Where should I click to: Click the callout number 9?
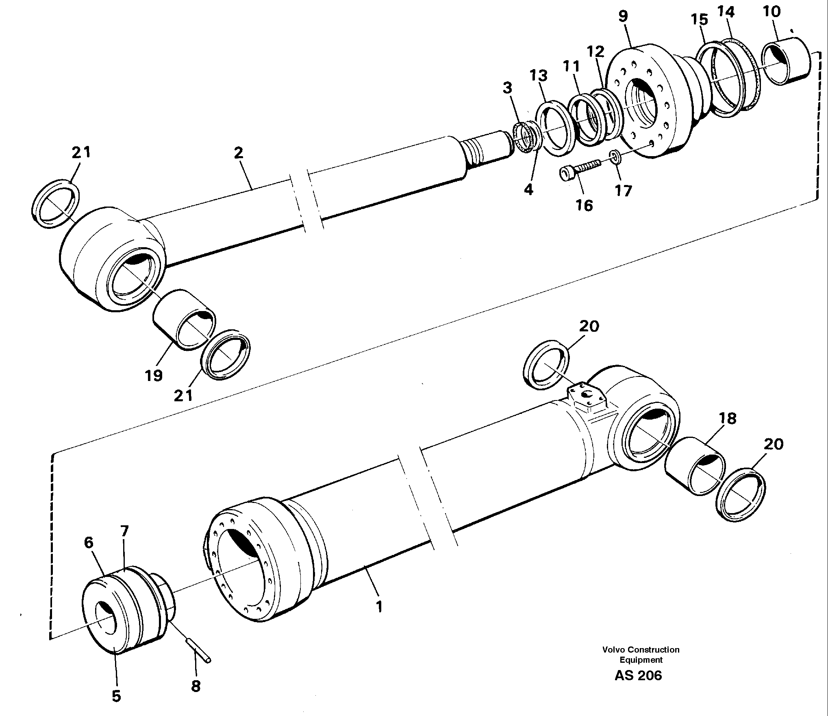point(623,17)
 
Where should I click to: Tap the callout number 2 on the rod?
point(239,153)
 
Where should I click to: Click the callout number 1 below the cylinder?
point(379,618)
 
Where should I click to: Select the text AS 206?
point(638,687)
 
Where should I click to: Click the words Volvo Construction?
point(641,661)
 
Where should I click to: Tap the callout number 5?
point(116,696)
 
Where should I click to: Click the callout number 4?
point(528,189)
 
